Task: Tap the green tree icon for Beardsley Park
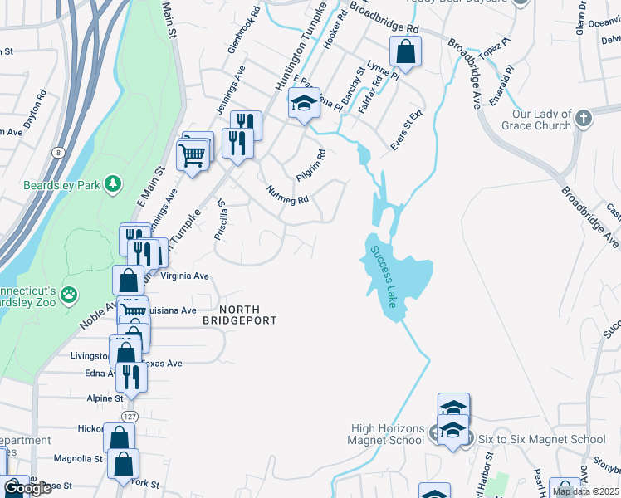(114, 184)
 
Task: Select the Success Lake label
(384, 276)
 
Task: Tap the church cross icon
(584, 119)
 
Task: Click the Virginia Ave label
(183, 275)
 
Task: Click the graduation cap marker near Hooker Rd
(305, 105)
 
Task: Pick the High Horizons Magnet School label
(389, 434)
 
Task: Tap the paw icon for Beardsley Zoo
(69, 293)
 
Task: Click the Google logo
(27, 488)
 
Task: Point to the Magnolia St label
(77, 458)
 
